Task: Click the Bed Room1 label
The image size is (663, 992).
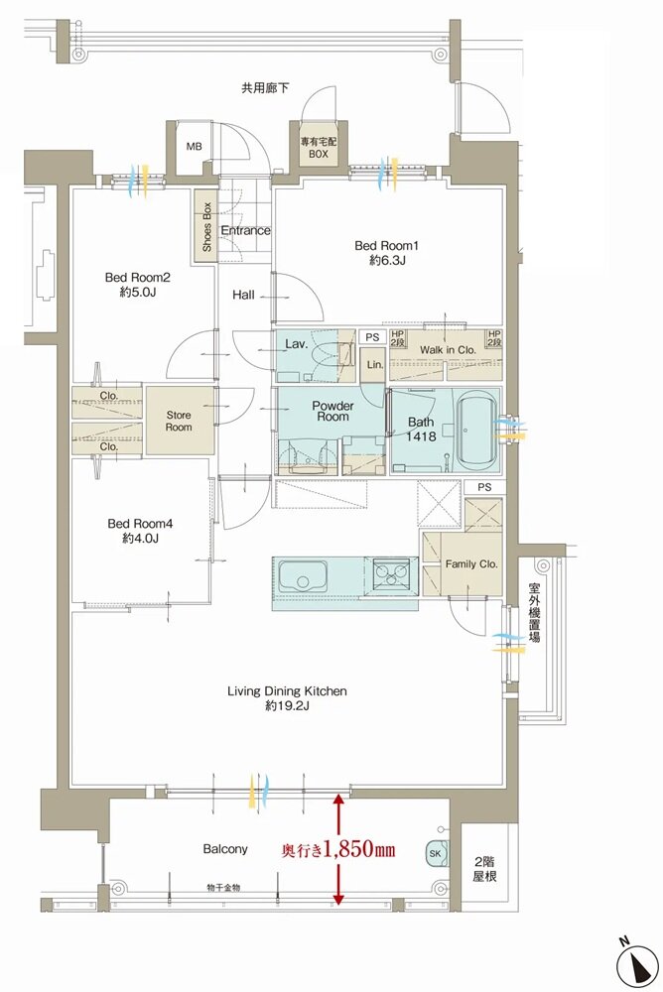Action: tap(386, 245)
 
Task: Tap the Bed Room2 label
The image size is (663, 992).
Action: tap(137, 277)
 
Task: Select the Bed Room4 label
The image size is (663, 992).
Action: tap(140, 524)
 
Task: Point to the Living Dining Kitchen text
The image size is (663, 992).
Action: tap(287, 691)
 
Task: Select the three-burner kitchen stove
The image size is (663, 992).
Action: tap(389, 573)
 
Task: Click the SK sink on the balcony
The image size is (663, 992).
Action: tap(437, 853)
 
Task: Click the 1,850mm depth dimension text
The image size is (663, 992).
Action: tap(359, 849)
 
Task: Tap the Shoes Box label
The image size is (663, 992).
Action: tap(206, 227)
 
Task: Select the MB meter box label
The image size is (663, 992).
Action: tap(194, 147)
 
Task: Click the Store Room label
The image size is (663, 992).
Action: tap(179, 421)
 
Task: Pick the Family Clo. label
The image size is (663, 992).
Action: tap(471, 563)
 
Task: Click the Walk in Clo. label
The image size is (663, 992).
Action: tap(447, 350)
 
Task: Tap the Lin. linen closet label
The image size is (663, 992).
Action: tap(375, 364)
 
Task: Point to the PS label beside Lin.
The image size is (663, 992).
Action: tap(372, 338)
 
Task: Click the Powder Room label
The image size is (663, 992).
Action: tap(333, 412)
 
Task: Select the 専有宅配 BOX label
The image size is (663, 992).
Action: tap(319, 148)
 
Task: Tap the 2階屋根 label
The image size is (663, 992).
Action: tap(484, 869)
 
